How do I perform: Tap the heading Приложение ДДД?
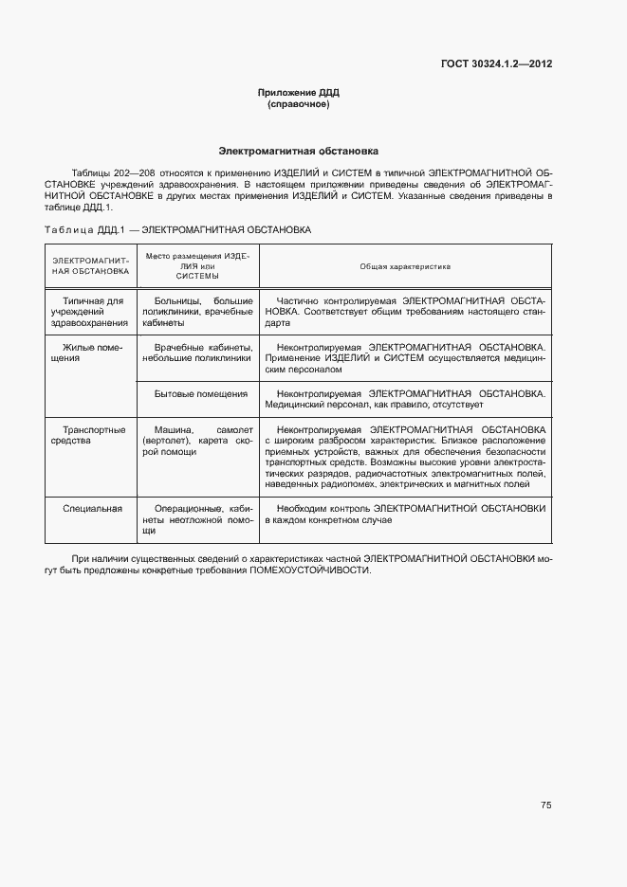tap(298, 92)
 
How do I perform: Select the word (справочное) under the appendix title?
tap(298, 104)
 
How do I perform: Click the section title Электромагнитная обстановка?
tap(298, 151)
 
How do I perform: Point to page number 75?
tap(545, 805)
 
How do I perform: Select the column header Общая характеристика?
tap(405, 267)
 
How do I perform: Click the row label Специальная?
tap(92, 509)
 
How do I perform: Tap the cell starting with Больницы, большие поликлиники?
tap(197, 311)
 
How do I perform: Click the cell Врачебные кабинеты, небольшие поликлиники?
tap(197, 353)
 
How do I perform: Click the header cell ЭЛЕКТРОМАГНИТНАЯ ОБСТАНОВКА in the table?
tap(90, 264)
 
